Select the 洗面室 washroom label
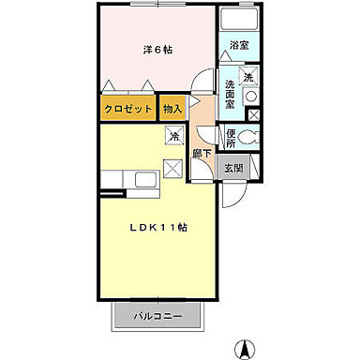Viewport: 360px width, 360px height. (229, 94)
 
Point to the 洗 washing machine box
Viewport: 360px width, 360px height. (248, 78)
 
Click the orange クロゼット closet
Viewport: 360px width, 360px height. (127, 109)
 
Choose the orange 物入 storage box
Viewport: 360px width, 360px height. (172, 109)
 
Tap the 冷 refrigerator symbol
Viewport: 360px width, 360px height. (174, 137)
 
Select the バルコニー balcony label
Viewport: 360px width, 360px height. (157, 316)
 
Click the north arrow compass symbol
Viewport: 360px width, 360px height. (247, 348)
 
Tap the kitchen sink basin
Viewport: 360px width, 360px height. (145, 179)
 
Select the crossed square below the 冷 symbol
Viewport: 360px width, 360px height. (173, 170)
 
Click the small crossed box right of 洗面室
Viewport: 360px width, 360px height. (253, 114)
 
